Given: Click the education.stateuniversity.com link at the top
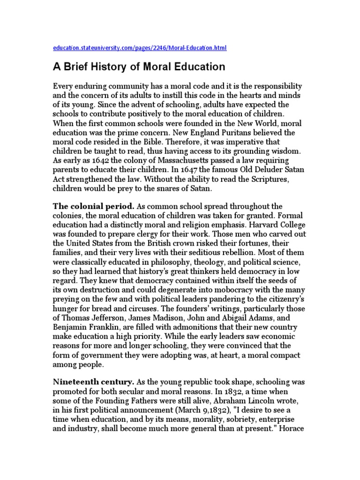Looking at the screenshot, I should click(140, 48).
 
